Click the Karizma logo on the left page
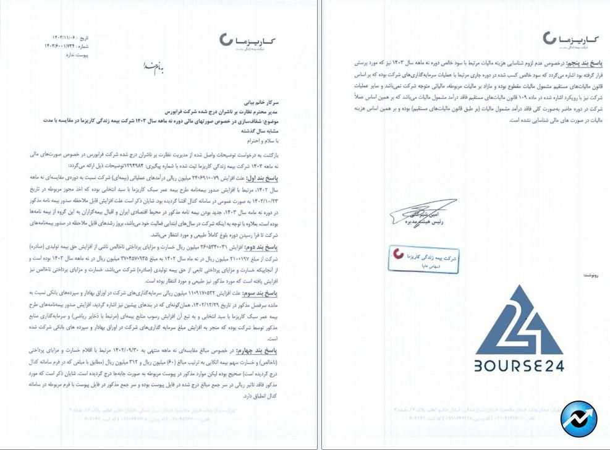point(247,41)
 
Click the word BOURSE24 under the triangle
point(519,365)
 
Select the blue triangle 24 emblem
point(519,319)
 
